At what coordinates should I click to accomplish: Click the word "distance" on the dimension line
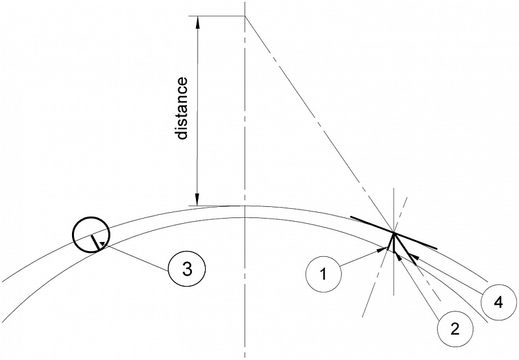point(182,108)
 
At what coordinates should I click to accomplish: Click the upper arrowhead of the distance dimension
point(198,21)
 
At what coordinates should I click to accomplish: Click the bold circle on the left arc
point(91,234)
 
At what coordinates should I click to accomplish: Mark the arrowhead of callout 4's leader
point(413,259)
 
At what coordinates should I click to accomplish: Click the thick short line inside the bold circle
point(97,243)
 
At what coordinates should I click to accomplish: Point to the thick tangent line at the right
point(415,240)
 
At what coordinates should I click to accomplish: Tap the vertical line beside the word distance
point(198,110)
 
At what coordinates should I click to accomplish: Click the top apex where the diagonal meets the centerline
point(245,16)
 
